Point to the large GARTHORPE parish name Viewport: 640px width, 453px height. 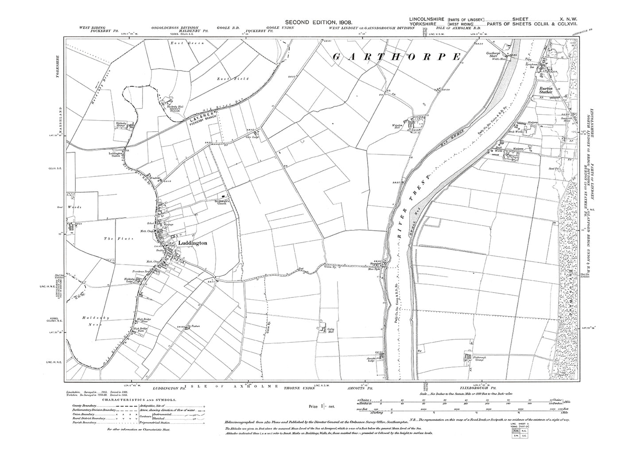point(396,57)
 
